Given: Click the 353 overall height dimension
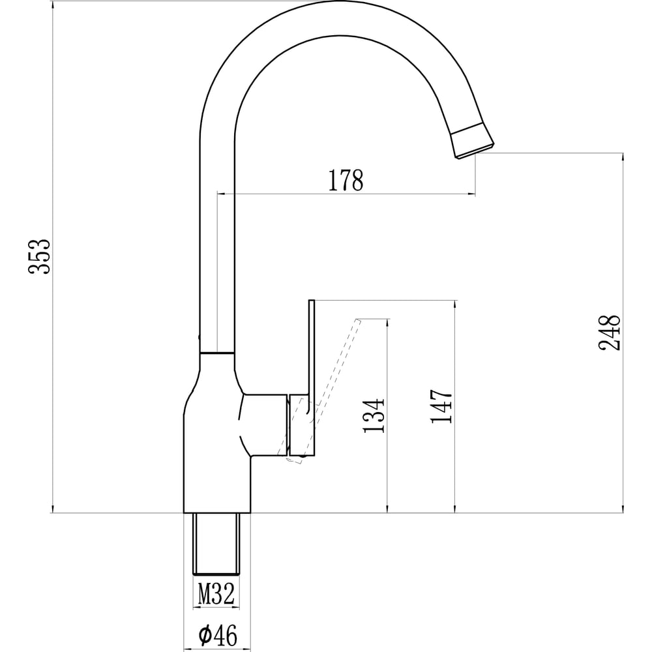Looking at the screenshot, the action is (40, 256).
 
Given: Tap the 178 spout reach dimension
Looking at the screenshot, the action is (346, 180).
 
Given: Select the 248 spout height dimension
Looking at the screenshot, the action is (610, 333).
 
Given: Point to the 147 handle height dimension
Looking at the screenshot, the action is (441, 406).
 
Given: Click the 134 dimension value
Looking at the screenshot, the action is (374, 416).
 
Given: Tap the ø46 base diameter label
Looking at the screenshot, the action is (218, 635).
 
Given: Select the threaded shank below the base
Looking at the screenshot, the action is (216, 544).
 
